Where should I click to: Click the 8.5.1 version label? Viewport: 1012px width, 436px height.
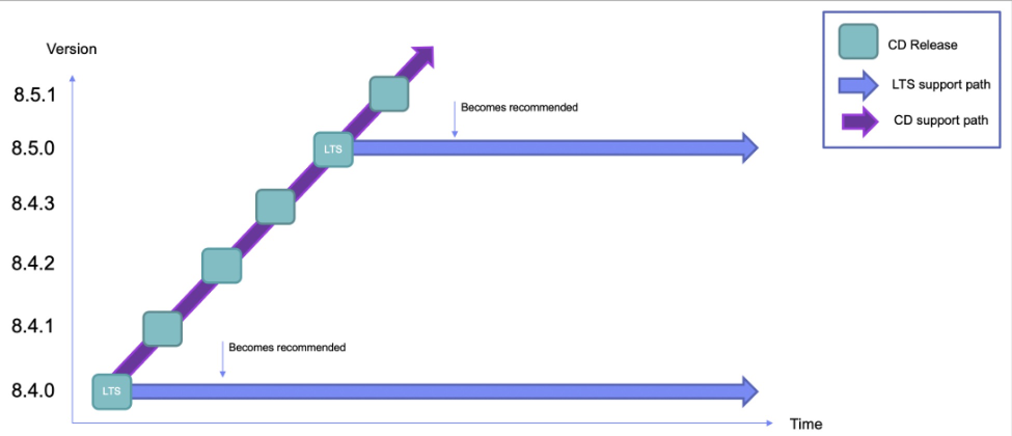click(34, 95)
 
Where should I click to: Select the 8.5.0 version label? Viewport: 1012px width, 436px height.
click(33, 148)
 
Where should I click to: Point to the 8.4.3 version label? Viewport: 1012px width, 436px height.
click(33, 203)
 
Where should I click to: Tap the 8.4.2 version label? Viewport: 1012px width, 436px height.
click(33, 263)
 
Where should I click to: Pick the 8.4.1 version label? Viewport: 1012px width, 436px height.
click(33, 326)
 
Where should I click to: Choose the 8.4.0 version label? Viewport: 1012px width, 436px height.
click(33, 390)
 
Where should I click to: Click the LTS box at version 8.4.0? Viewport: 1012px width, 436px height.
click(112, 391)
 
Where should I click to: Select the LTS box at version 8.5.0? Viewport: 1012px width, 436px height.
click(333, 149)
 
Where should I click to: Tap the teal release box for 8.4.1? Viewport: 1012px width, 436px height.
click(162, 329)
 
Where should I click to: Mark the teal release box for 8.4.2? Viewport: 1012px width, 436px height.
click(222, 266)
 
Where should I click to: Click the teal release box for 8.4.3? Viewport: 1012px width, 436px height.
click(276, 207)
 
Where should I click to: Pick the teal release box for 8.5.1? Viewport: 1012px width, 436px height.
click(389, 94)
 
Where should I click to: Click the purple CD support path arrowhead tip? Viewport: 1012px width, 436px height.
click(432, 47)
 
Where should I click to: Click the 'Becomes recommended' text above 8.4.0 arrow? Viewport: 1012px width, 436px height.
click(287, 347)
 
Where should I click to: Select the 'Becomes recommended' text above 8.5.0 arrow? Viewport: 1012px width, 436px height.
click(519, 107)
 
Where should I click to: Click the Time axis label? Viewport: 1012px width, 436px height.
click(806, 424)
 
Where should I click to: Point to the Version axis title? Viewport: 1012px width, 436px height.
click(72, 49)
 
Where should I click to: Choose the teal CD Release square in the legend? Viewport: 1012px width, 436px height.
click(858, 42)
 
